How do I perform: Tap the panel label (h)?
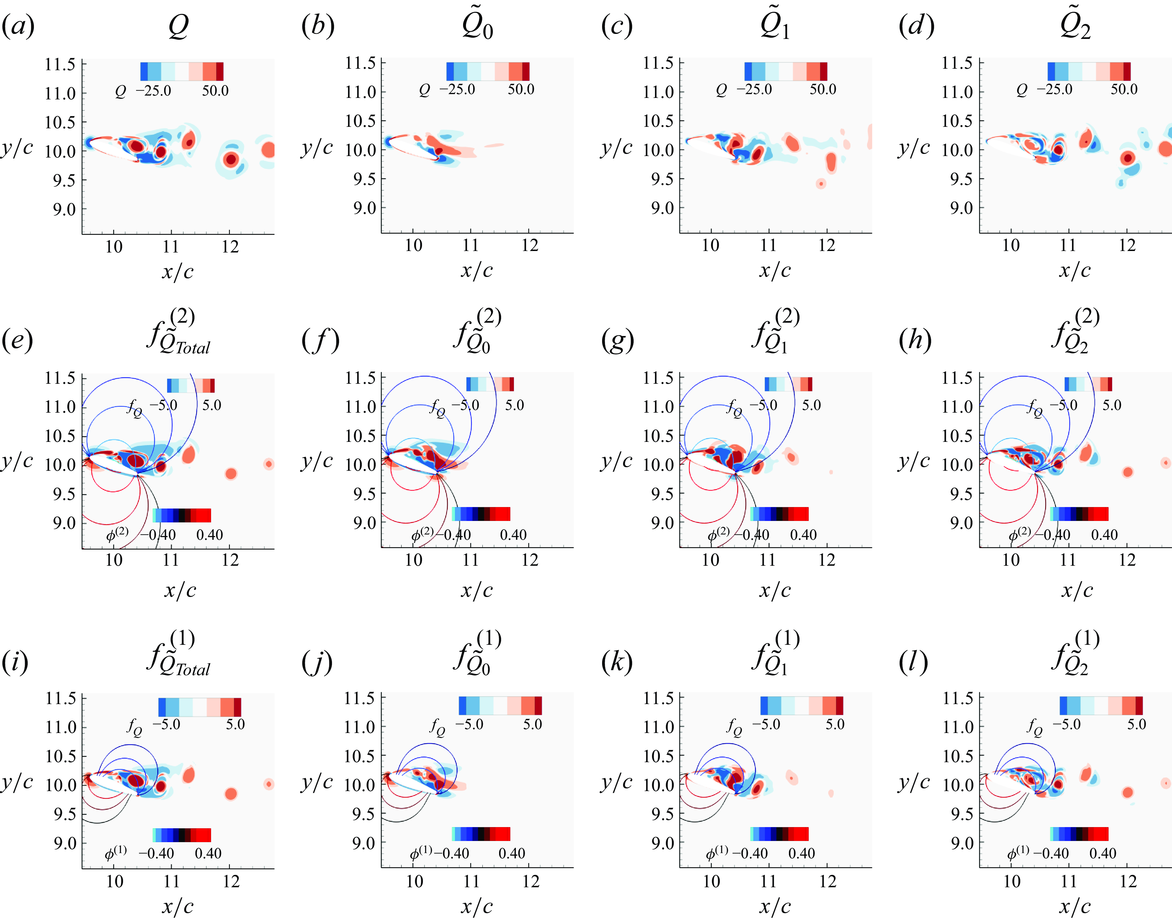pyautogui.click(x=915, y=340)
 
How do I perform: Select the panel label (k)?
pyautogui.click(x=617, y=662)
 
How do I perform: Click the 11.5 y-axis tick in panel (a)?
pyautogui.click(x=60, y=65)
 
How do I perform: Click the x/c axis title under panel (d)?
pyautogui.click(x=1075, y=270)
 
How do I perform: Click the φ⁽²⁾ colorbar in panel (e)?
pyautogui.click(x=182, y=516)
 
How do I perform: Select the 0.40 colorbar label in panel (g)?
pyautogui.click(x=803, y=535)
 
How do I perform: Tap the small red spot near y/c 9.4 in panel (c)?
pyautogui.click(x=821, y=184)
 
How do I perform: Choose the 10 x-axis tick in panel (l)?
pyautogui.click(x=1011, y=881)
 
